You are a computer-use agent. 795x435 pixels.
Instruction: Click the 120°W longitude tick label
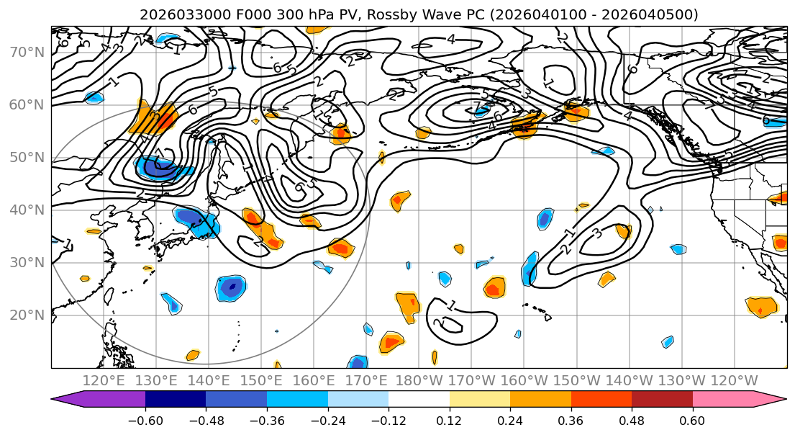coord(735,380)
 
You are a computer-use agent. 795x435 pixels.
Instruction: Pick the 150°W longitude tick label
coord(577,380)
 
